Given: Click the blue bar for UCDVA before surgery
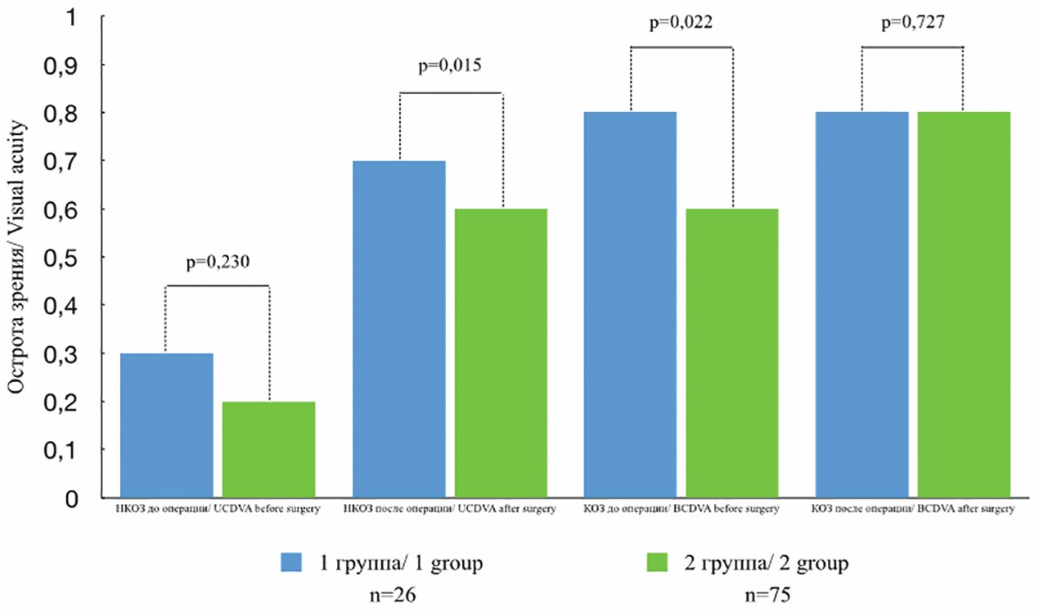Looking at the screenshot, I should point(167,425).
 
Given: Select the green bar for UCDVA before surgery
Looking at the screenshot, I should point(269,449).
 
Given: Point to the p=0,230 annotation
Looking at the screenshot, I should point(217,263).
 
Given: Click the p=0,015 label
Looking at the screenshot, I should point(450,66).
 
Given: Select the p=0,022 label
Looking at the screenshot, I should point(681,23).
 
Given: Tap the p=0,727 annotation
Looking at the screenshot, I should point(913,23).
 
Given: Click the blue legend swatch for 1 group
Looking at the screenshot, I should point(290,563).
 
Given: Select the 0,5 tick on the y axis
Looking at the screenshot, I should point(73,257).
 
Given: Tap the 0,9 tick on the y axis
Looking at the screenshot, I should point(73,65).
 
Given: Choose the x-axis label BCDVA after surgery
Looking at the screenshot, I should point(913,510).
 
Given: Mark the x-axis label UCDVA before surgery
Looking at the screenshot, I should point(217,510).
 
